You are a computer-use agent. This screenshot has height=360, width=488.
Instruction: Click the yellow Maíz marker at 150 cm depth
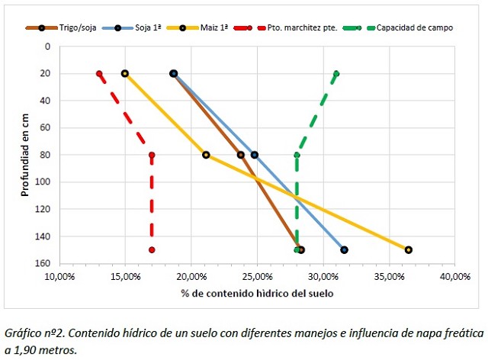point(409,249)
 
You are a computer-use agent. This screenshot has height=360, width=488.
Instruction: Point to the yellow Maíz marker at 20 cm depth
point(125,73)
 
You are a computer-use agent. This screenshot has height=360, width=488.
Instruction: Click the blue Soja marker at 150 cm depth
point(344,249)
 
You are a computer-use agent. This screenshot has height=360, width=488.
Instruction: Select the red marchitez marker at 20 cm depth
point(99,73)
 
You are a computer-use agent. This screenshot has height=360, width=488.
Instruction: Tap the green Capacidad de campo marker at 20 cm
point(336,73)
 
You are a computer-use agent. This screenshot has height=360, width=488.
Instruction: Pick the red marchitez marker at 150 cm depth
point(152,249)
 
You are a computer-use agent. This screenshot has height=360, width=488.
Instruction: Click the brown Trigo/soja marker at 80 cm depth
point(241,155)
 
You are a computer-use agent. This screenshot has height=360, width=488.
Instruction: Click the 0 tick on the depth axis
point(47,47)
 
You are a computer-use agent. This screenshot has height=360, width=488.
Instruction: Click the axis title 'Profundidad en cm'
point(25,153)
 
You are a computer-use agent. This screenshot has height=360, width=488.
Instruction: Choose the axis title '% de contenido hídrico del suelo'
point(257,293)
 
